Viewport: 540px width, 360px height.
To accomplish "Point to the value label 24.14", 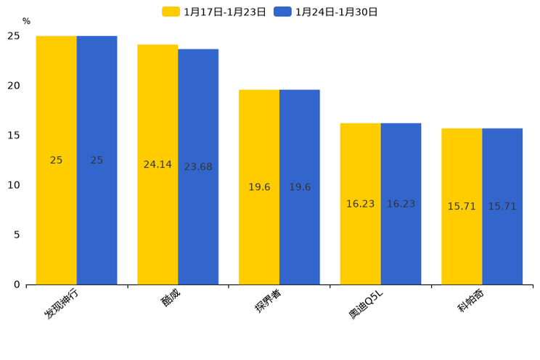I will click(157, 165).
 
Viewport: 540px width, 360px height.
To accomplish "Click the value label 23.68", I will click(198, 167).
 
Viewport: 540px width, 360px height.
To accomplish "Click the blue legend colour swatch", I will click(282, 12).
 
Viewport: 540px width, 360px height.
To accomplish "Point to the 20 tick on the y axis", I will click(14, 86).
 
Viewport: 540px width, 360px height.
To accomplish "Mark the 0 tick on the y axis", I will click(17, 285).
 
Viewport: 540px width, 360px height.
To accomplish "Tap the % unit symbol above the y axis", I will click(26, 22).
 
